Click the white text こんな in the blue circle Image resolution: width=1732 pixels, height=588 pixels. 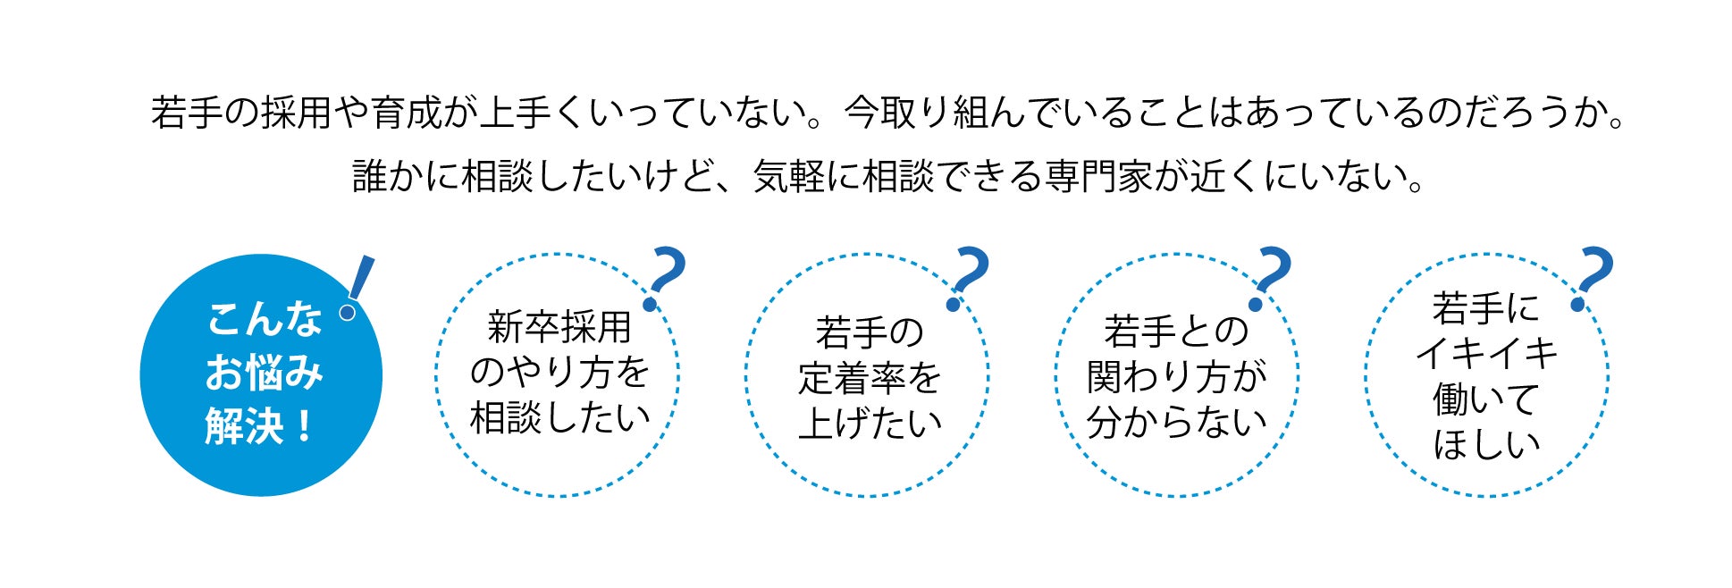click(x=264, y=319)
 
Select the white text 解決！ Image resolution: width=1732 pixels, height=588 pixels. click(x=260, y=425)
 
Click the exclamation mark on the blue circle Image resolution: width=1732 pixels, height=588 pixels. click(x=357, y=287)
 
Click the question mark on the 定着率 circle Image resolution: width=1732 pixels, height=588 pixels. click(x=968, y=278)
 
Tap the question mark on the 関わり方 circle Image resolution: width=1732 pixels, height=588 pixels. click(x=1271, y=278)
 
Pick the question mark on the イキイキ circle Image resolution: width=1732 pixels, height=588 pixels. click(x=1593, y=278)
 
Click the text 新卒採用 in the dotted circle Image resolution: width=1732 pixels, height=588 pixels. click(x=559, y=327)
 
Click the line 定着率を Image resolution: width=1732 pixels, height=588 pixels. click(x=870, y=378)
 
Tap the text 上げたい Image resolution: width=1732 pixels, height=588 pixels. click(x=870, y=424)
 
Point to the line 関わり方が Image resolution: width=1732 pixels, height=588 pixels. click(x=1176, y=376)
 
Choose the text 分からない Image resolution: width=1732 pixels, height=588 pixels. click(x=1176, y=422)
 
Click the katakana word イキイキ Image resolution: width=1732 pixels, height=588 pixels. click(x=1486, y=353)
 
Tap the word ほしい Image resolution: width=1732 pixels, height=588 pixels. click(x=1486, y=444)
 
